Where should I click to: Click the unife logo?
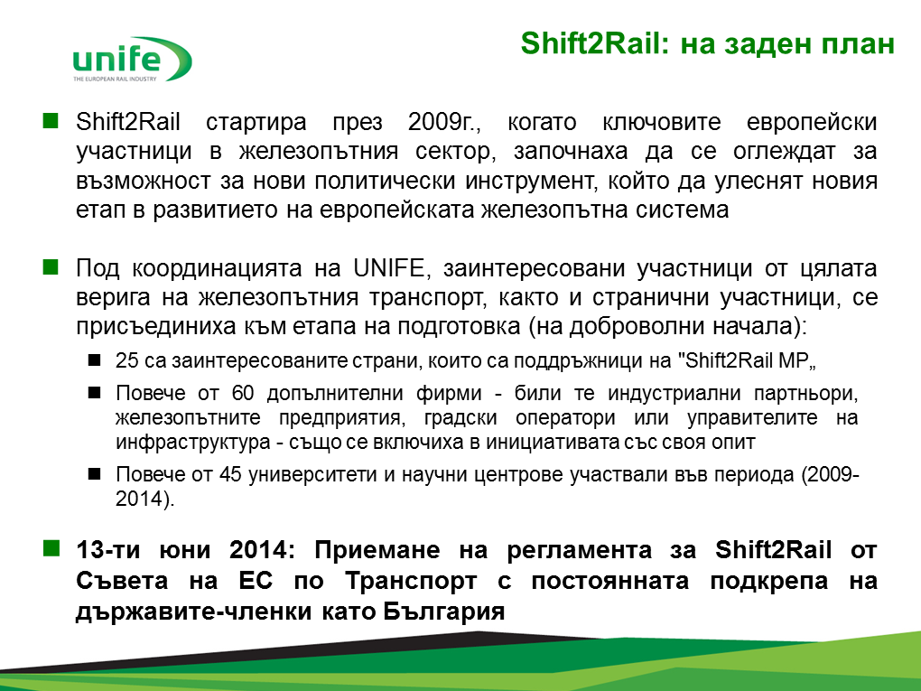click(132, 60)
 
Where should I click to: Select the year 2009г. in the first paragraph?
click(444, 122)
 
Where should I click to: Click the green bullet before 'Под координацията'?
click(51, 267)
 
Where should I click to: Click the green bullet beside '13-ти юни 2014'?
click(51, 549)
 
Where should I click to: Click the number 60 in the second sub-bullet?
click(243, 393)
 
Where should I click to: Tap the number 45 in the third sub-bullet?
click(230, 473)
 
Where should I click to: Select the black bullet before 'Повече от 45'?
click(94, 473)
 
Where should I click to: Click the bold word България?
click(444, 612)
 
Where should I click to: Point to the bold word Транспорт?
click(411, 581)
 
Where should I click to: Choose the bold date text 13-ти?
click(108, 550)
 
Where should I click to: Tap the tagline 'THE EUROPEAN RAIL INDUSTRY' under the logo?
click(116, 79)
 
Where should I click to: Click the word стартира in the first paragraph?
click(256, 123)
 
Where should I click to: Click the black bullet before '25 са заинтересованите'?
click(94, 360)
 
